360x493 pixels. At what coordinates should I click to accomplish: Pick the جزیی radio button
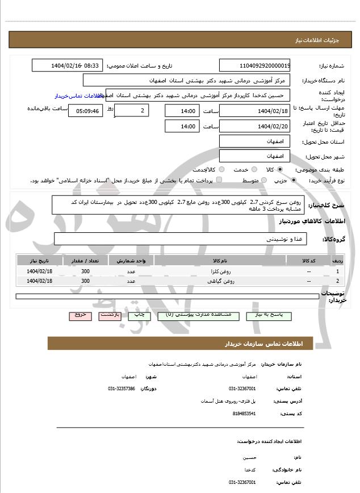tap(294, 181)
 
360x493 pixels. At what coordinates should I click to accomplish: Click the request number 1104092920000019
tap(255, 66)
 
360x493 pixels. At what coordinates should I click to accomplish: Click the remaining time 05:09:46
tap(85, 111)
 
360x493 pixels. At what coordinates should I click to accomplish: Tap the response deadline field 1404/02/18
tap(255, 111)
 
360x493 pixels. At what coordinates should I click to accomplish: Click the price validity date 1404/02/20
tap(255, 127)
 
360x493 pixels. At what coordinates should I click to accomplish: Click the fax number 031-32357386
tap(122, 388)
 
